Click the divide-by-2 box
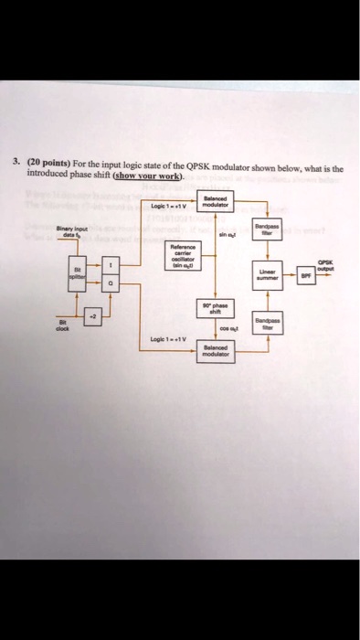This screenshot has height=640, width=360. [x=91, y=315]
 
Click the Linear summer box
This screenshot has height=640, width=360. [x=268, y=274]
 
